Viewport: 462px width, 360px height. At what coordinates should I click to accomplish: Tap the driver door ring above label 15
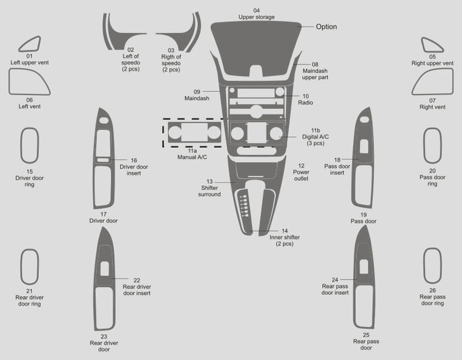[x=21, y=145]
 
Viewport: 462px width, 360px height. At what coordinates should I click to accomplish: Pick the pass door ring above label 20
[x=425, y=145]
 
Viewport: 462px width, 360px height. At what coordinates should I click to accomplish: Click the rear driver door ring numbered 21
[x=21, y=267]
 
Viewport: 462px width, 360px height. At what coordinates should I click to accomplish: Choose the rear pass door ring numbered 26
[x=425, y=266]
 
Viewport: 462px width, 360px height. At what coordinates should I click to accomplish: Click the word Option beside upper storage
[x=326, y=27]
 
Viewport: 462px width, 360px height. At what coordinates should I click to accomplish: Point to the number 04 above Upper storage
[x=256, y=10]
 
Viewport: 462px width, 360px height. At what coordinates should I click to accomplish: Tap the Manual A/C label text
[x=192, y=157]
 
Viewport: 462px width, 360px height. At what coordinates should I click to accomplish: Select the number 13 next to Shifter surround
[x=210, y=182]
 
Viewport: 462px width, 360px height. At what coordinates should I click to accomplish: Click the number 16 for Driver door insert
[x=134, y=160]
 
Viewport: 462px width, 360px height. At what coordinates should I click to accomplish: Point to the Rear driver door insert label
[x=137, y=290]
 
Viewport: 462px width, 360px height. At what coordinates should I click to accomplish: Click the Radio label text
[x=305, y=103]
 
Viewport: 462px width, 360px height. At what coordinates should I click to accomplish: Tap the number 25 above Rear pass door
[x=366, y=335]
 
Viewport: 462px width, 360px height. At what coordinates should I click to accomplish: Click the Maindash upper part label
[x=315, y=74]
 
